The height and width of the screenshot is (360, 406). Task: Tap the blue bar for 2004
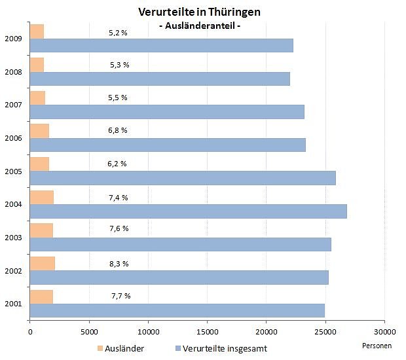click(x=188, y=211)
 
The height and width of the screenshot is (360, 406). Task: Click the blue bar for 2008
click(x=160, y=79)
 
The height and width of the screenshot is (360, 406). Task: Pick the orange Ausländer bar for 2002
click(x=43, y=263)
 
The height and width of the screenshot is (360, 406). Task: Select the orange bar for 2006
click(x=39, y=131)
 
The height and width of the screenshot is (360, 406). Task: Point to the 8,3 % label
click(x=119, y=264)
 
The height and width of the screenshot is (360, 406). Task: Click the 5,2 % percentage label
click(x=118, y=32)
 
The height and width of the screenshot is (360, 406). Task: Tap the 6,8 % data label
click(x=118, y=131)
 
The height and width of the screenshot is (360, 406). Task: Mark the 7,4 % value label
click(x=119, y=198)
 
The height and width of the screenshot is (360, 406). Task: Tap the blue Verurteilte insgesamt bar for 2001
click(x=177, y=310)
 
